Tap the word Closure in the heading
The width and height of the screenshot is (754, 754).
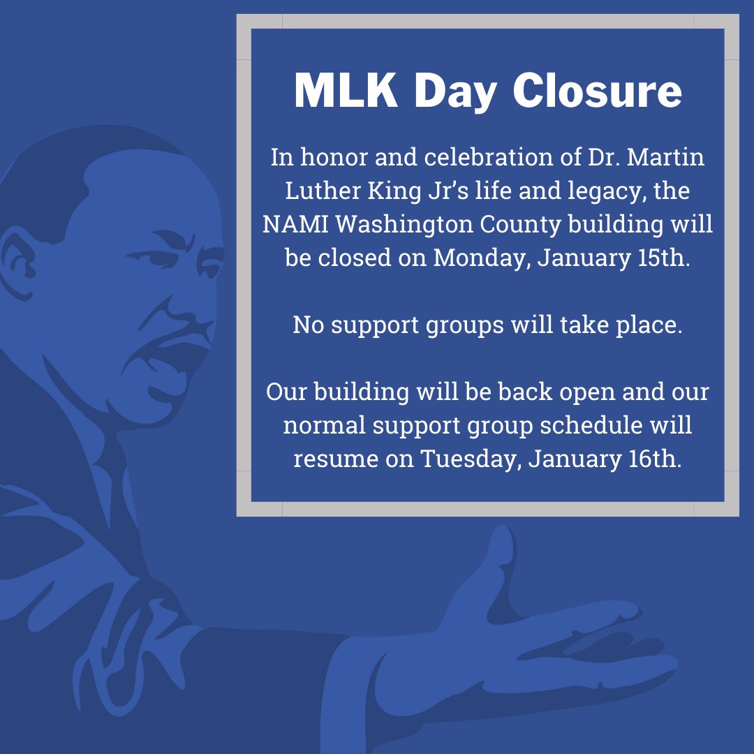pos(598,91)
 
